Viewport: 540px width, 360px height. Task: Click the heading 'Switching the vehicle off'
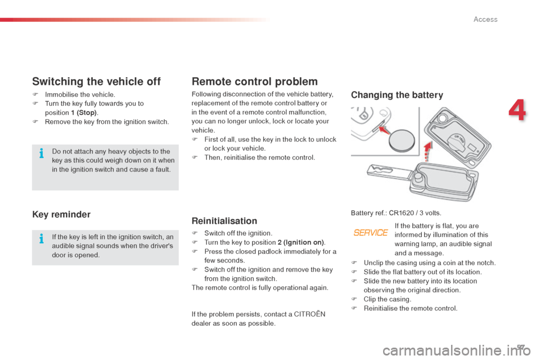[x=96, y=82]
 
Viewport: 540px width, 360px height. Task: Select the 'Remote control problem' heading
[x=255, y=82]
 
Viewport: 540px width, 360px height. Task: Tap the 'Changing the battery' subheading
[x=397, y=95]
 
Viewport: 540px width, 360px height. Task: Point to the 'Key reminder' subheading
[x=61, y=214]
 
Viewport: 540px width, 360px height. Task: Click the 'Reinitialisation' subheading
[x=224, y=221]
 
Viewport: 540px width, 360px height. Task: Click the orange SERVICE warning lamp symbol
[x=371, y=233]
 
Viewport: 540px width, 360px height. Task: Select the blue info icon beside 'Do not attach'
[x=42, y=152]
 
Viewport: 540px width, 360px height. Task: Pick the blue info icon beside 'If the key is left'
[x=42, y=238]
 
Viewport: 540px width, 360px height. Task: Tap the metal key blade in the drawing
[x=386, y=172]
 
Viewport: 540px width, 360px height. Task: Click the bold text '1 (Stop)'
[x=83, y=112]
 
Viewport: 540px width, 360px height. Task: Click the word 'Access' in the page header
[x=485, y=19]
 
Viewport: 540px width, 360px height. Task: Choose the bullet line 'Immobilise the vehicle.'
[x=80, y=94]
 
